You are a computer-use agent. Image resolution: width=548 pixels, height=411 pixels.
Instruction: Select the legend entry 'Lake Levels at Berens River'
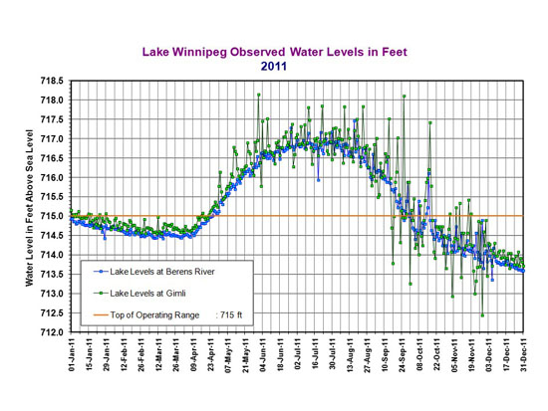(163, 271)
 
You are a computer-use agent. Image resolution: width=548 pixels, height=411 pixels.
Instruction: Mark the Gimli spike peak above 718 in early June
(259, 95)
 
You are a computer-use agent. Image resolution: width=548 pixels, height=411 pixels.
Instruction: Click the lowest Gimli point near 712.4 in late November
(482, 315)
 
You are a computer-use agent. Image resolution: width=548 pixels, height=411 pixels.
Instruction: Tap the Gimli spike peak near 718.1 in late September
(404, 97)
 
